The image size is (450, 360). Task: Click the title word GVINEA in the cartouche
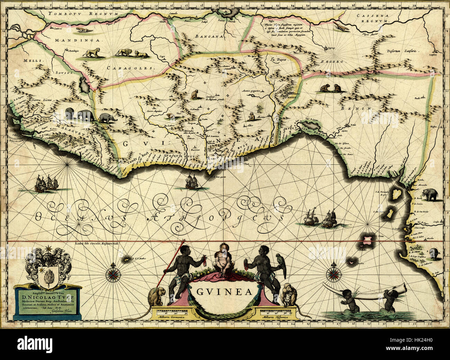click(x=225, y=292)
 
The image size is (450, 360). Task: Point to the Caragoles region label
click(x=130, y=68)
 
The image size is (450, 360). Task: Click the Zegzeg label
click(x=331, y=61)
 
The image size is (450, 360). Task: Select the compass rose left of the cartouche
click(x=113, y=272)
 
